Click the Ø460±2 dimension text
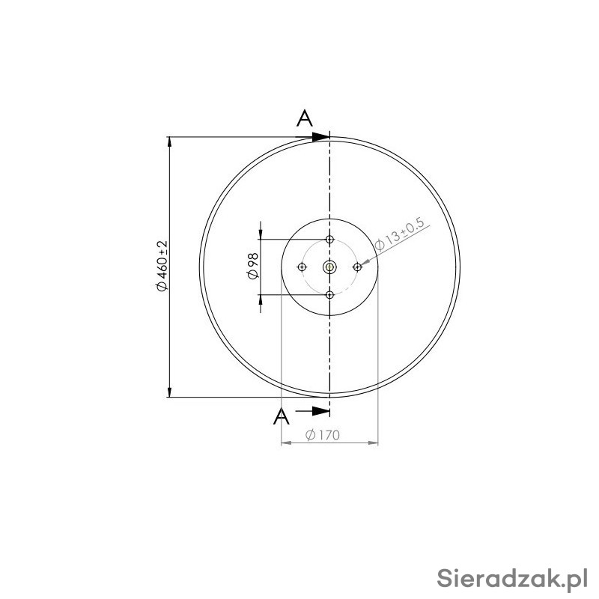pos(162,266)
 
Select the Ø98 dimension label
pos(253,266)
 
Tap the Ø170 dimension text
pos(323,435)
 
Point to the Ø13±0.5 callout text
pos(400,234)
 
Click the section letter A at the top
pos(305,118)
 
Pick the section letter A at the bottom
pos(282,416)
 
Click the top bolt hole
pos(329,240)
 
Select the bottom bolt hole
pos(329,295)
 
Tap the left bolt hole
pos(302,267)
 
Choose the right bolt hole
pos(357,267)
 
